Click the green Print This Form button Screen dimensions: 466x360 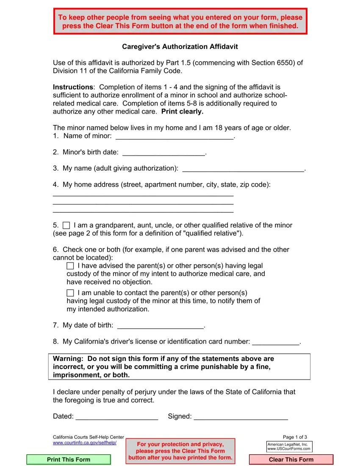pyautogui.click(x=69, y=460)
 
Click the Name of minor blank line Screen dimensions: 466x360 pyautogui.click(x=174, y=136)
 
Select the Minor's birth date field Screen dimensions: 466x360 pyautogui.click(x=163, y=152)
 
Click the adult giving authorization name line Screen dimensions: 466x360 pyautogui.click(x=243, y=168)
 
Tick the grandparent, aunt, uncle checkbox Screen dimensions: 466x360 pyautogui.click(x=66, y=225)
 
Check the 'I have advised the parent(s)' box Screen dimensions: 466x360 pyautogui.click(x=70, y=266)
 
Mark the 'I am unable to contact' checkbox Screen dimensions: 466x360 pyautogui.click(x=70, y=293)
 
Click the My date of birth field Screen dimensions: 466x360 pyautogui.click(x=160, y=325)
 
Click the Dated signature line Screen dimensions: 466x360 pyautogui.click(x=116, y=416)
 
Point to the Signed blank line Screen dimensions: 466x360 pyautogui.click(x=241, y=416)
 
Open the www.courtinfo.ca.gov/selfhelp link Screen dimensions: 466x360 pyautogui.click(x=84, y=443)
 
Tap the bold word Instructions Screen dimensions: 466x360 pyautogui.click(x=72, y=87)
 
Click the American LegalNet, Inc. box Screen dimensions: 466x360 pyautogui.click(x=289, y=447)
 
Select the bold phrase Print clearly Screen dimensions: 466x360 pyautogui.click(x=183, y=111)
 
